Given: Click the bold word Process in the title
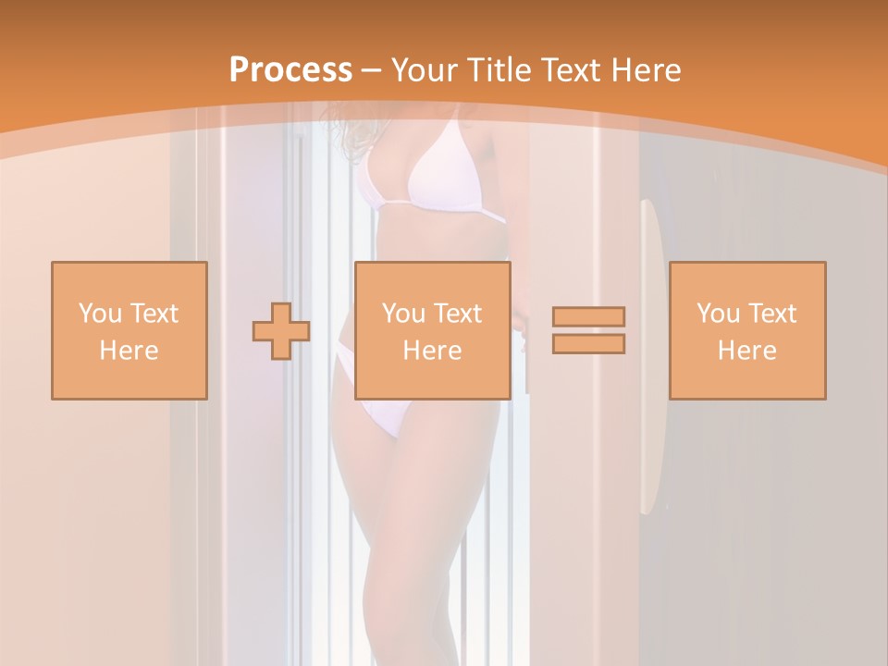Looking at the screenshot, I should pyautogui.click(x=290, y=70).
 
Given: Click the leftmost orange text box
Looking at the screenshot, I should pyautogui.click(x=129, y=330).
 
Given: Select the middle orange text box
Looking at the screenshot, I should pyautogui.click(x=432, y=330).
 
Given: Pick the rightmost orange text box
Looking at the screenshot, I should pyautogui.click(x=746, y=330).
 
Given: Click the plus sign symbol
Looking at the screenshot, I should pyautogui.click(x=281, y=330).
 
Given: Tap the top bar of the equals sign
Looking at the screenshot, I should pyautogui.click(x=588, y=316).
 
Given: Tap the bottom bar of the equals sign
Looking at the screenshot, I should pyautogui.click(x=588, y=344).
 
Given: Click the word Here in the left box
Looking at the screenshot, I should pyautogui.click(x=129, y=351).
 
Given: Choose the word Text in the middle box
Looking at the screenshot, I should pyautogui.click(x=458, y=314).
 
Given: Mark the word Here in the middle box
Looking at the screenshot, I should pyautogui.click(x=432, y=351).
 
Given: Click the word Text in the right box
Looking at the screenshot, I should pyautogui.click(x=772, y=314).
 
